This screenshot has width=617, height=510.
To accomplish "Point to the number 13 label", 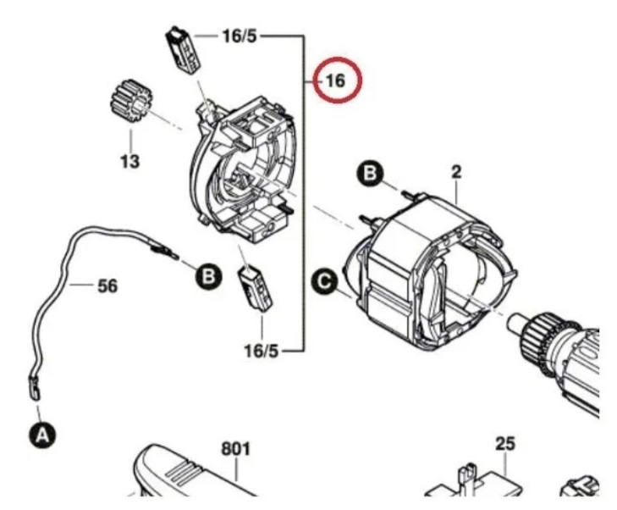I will pyautogui.click(x=129, y=160).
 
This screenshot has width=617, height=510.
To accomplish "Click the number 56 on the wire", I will pyautogui.click(x=107, y=286).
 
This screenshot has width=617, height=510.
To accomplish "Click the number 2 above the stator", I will pyautogui.click(x=456, y=173).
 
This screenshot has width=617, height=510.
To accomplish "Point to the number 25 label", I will pyautogui.click(x=505, y=444).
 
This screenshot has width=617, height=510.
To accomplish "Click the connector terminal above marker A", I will pyautogui.click(x=34, y=388).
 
